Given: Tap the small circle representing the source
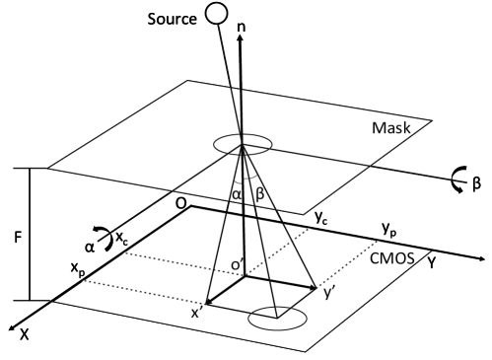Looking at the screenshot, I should point(216,15).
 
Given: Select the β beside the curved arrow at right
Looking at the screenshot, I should point(476,183).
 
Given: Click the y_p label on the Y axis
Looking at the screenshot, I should point(389,229).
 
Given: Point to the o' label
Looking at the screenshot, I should point(226,265).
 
